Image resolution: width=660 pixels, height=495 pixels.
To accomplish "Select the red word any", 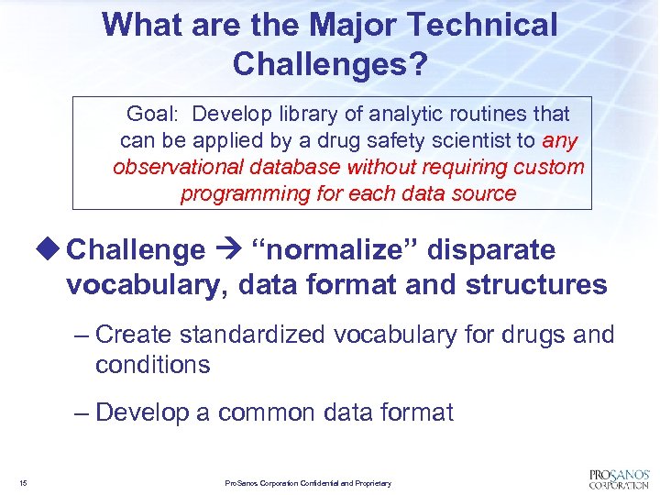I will point(560,141).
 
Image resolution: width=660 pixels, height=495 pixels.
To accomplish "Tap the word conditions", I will point(152,365).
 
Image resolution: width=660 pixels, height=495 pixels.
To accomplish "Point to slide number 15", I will point(22,482).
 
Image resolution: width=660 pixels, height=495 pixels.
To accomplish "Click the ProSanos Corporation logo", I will point(618,478).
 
